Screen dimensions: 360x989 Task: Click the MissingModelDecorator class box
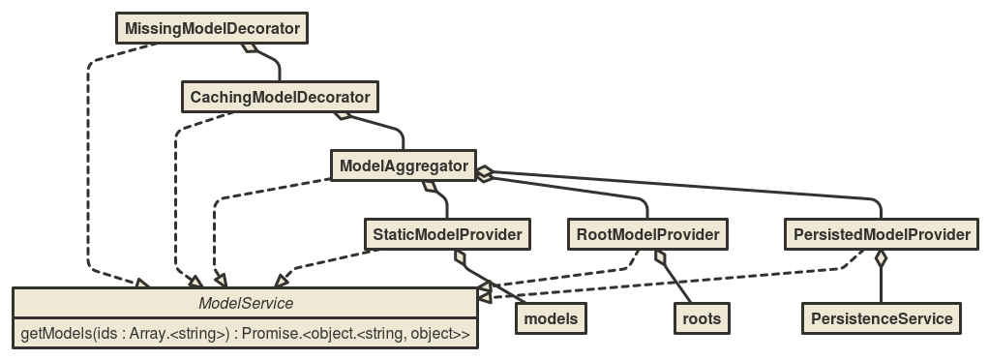212,28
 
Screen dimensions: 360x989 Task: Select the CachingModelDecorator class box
280,98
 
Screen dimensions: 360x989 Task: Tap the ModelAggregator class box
404,166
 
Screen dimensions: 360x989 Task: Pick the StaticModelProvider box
448,234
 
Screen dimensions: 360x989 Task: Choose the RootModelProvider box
647,234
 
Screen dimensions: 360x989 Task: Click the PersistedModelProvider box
881,234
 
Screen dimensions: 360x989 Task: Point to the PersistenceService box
881,317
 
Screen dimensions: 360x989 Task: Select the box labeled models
551,317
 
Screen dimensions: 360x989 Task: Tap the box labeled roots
701,317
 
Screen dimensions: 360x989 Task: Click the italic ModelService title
245,304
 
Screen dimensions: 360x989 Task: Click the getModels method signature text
245,335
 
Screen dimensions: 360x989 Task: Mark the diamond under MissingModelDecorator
250,47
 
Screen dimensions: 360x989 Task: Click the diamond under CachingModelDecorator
341,116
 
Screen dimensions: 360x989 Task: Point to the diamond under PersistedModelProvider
881,257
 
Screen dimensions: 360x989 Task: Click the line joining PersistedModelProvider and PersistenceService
881,285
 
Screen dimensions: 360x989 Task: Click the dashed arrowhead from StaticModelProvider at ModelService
281,281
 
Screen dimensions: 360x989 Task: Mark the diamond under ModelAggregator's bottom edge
430,185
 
